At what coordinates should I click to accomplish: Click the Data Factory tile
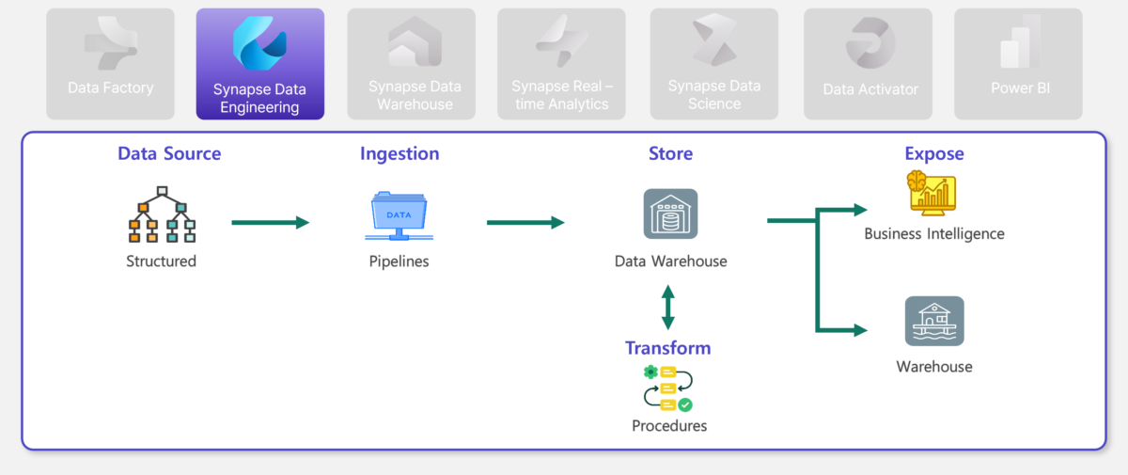click(110, 63)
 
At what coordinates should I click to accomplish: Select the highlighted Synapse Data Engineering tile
click(259, 63)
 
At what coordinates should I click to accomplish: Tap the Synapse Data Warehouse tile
click(411, 63)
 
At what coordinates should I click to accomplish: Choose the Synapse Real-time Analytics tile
click(561, 63)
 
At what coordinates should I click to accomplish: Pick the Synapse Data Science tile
click(714, 63)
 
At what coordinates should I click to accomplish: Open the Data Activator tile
click(868, 63)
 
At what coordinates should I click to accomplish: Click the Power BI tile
click(1018, 63)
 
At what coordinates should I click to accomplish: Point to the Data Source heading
click(169, 153)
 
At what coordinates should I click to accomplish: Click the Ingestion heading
click(399, 153)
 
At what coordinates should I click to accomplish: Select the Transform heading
click(667, 348)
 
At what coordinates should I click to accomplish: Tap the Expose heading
click(934, 153)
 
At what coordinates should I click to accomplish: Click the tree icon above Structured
click(162, 214)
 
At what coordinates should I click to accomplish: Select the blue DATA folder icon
click(399, 215)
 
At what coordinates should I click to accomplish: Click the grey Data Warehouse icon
click(671, 214)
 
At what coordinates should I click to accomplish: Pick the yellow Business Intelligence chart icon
click(932, 194)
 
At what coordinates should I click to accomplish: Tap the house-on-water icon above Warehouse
click(934, 321)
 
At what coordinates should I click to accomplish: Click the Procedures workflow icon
click(668, 388)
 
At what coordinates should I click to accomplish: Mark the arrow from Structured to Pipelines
click(271, 222)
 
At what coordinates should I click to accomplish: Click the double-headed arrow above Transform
click(668, 308)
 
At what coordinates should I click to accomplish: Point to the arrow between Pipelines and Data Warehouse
click(525, 222)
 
